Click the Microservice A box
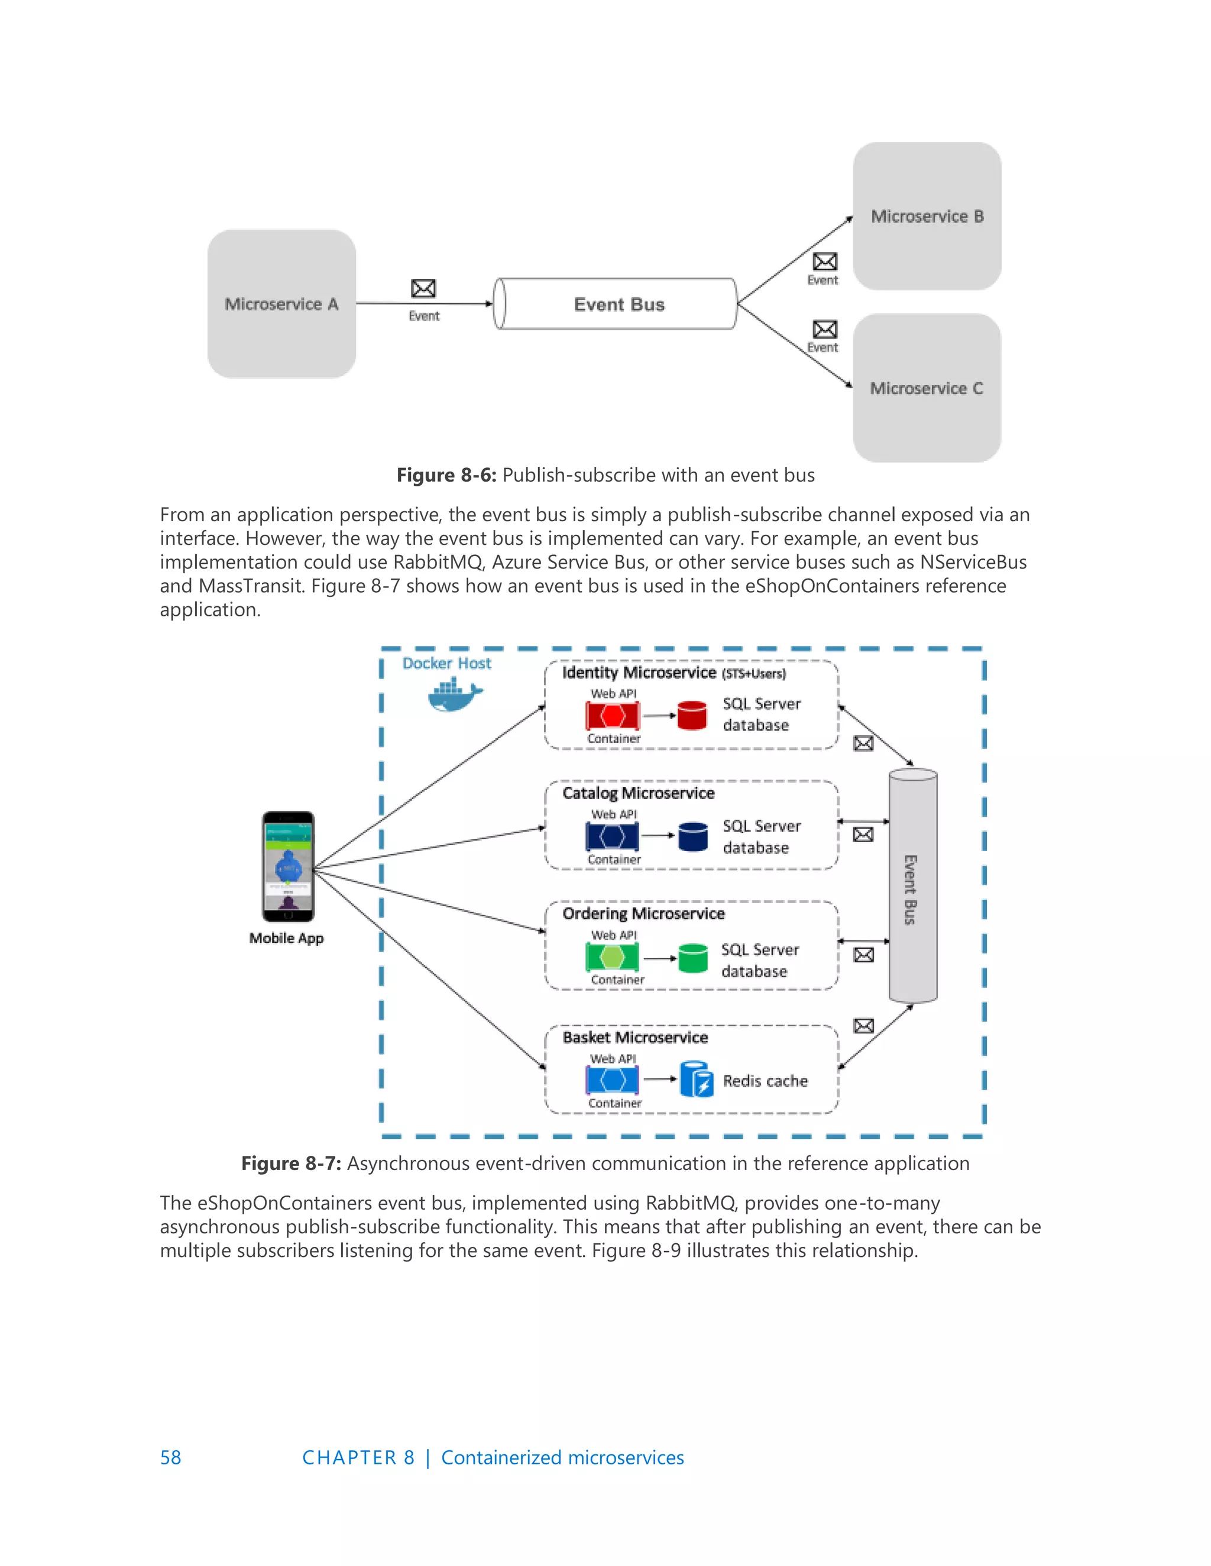(x=281, y=303)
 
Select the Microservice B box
(x=927, y=216)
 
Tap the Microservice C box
(x=926, y=388)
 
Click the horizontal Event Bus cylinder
(x=618, y=304)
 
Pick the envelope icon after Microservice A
(x=423, y=288)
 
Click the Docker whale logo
(x=454, y=696)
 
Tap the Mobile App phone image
(x=288, y=866)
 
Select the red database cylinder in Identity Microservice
(x=692, y=716)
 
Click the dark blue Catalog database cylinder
(x=692, y=837)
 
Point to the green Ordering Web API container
(x=612, y=957)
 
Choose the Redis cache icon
(x=696, y=1080)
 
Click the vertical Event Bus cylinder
(x=912, y=886)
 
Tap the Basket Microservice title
(x=635, y=1038)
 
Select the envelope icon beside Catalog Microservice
(x=863, y=834)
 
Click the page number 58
(x=171, y=1458)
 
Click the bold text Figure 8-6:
(x=446, y=475)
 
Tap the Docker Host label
(x=446, y=663)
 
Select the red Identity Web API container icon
(x=612, y=716)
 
